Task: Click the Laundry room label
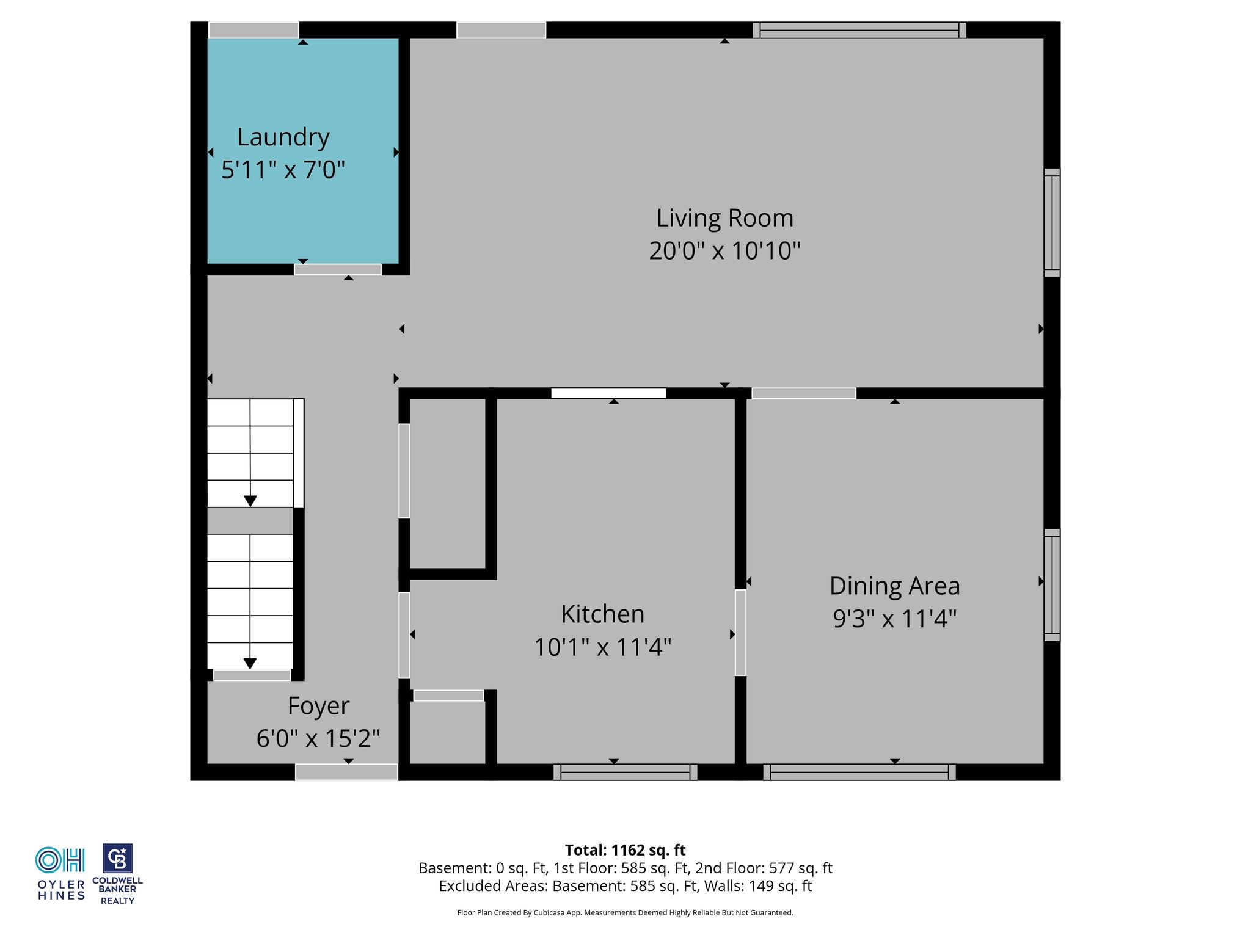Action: click(x=283, y=138)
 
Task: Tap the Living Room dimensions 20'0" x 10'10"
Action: click(x=724, y=250)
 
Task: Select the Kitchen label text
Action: click(x=603, y=614)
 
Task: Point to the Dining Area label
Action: click(x=895, y=586)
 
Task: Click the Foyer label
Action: click(x=318, y=706)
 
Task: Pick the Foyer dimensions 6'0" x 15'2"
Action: click(x=318, y=739)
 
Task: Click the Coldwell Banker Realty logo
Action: click(x=117, y=874)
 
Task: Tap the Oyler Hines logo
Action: click(x=60, y=874)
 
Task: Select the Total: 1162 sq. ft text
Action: click(x=625, y=850)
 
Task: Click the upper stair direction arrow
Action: click(x=250, y=501)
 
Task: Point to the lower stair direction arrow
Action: click(x=250, y=663)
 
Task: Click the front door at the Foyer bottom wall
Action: click(x=346, y=773)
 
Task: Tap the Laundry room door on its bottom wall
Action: click(x=338, y=269)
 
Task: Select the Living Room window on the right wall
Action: click(x=1052, y=223)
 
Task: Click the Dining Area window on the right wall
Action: click(x=1052, y=585)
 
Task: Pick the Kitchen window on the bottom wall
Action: click(x=625, y=773)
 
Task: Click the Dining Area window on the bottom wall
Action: click(x=859, y=773)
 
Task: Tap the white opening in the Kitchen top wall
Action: click(x=608, y=393)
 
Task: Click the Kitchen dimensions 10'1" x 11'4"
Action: click(x=603, y=647)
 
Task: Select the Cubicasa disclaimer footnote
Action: click(x=625, y=913)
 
